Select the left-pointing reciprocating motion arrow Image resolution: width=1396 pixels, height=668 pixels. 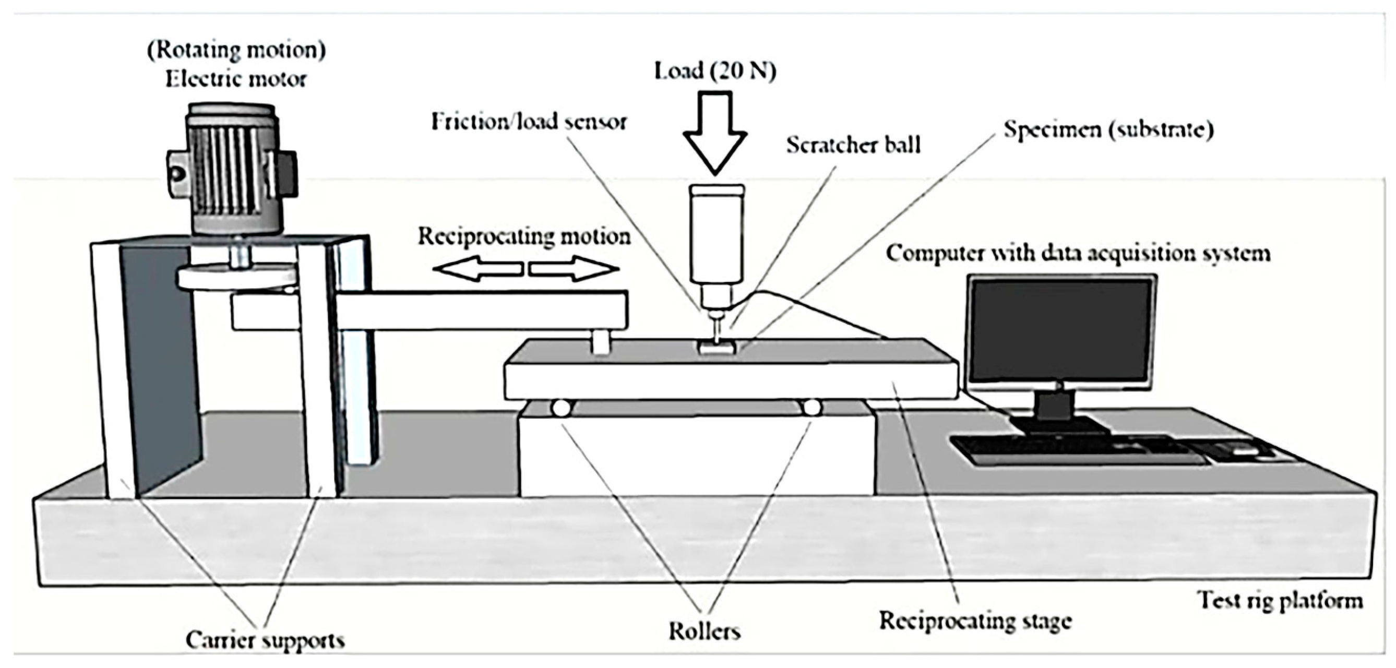477,268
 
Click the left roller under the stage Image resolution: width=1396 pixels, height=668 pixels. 561,408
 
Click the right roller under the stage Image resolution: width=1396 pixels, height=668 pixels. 812,408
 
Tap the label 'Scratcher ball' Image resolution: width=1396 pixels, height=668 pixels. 853,145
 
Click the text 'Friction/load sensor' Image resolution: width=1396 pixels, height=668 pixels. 529,122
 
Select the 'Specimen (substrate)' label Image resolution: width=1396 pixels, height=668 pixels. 1108,130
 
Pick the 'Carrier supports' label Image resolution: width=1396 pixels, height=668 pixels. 265,640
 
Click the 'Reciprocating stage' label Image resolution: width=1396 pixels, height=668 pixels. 975,621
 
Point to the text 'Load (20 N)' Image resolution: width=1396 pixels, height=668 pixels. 715,71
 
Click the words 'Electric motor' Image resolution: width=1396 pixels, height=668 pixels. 236,80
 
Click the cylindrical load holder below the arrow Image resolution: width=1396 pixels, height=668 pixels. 717,233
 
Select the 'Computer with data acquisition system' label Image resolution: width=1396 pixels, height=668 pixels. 1078,254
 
